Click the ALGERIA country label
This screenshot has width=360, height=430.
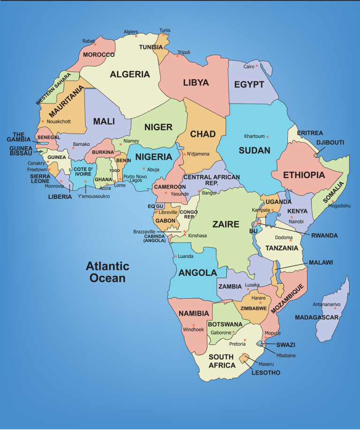(x=130, y=74)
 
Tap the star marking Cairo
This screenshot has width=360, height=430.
(x=257, y=66)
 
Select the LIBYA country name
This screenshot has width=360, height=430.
(x=196, y=83)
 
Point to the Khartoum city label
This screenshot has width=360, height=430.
(x=255, y=136)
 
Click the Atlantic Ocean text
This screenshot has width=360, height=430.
(x=107, y=272)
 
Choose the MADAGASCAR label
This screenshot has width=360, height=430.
(x=317, y=317)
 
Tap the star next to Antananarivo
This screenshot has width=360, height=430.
(x=335, y=308)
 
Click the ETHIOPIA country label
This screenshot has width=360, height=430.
(x=304, y=175)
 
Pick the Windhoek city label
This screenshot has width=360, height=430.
(x=194, y=330)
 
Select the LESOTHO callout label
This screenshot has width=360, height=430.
(x=266, y=373)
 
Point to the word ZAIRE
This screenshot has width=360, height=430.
(x=226, y=224)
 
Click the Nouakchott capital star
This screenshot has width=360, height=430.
(x=43, y=121)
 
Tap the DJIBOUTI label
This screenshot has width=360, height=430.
(x=330, y=142)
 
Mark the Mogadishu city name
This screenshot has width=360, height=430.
(x=339, y=206)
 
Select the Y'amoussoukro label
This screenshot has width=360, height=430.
(x=94, y=196)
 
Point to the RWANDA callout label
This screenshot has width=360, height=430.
(x=324, y=235)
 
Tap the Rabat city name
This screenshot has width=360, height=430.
(x=88, y=41)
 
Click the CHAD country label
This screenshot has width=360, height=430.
(x=203, y=134)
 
